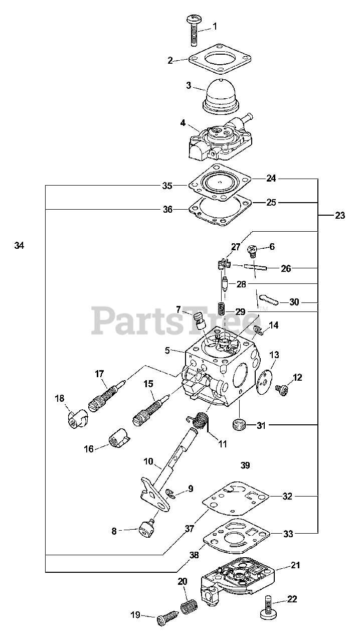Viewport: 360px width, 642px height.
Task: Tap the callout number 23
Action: tap(340, 216)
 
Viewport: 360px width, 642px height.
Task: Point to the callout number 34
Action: tap(19, 245)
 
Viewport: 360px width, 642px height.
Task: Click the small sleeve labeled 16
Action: tap(118, 440)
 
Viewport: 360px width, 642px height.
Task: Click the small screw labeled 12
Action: tap(282, 389)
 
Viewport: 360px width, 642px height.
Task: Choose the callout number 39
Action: tap(245, 465)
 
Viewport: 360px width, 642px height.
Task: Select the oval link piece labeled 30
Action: tap(271, 301)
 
